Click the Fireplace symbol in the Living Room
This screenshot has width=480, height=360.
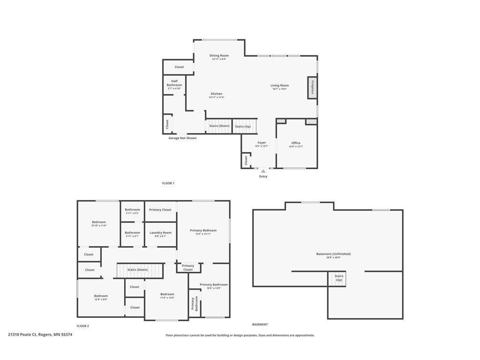coord(312,87)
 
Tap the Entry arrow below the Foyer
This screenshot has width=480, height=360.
coord(263,171)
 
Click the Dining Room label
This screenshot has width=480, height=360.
coord(219,56)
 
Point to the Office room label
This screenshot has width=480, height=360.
coord(296,143)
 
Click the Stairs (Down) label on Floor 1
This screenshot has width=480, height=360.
coord(219,126)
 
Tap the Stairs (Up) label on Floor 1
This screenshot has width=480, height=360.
coord(243,127)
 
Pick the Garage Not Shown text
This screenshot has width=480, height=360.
coord(182,138)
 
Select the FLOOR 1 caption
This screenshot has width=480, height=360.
coord(168,183)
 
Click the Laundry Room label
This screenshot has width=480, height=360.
coord(160,233)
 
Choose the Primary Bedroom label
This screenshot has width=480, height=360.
coord(203,231)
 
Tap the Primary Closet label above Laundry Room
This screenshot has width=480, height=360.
coord(160,210)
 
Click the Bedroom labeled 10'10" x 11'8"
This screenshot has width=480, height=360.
coord(98,222)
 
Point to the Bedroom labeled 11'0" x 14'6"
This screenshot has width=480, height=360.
coord(167,294)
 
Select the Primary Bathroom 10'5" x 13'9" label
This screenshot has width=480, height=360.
coord(214,285)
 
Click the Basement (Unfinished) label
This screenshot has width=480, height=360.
coord(333,254)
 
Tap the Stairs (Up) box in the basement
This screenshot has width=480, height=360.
coord(338,278)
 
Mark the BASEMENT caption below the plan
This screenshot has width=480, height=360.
coord(260,324)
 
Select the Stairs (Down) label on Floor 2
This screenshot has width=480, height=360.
coord(138,270)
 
